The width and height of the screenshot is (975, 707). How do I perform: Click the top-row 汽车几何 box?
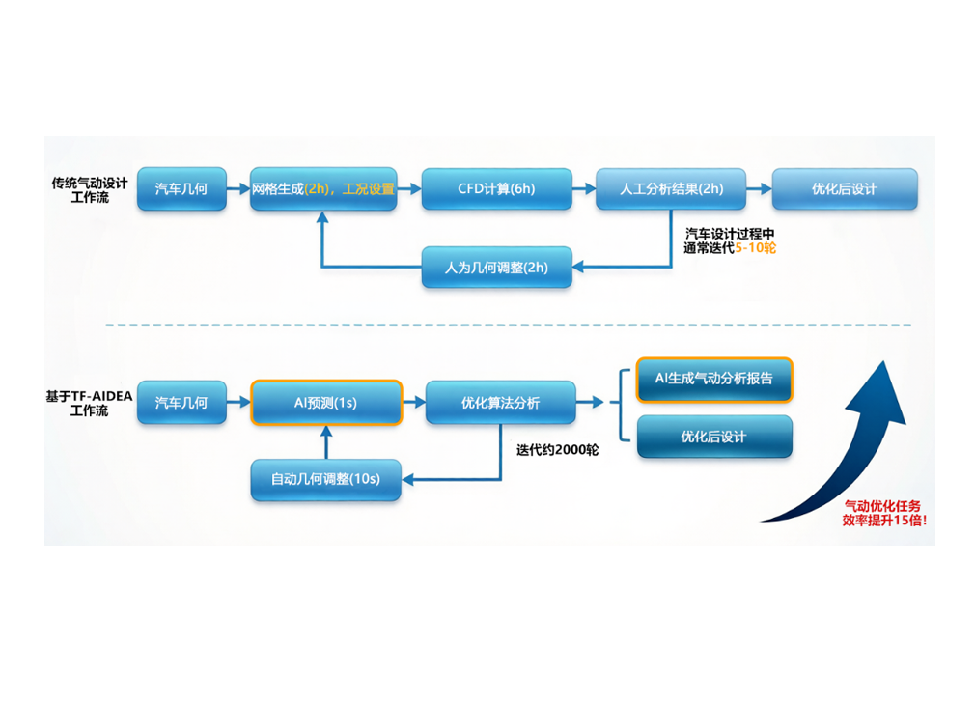coord(181,189)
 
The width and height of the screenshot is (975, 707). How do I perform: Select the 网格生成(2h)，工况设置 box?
coord(323,189)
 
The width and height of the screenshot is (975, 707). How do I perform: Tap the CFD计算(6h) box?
coord(496,189)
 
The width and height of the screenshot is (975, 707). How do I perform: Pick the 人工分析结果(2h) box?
coord(671,189)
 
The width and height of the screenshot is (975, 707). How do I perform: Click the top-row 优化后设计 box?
coord(844,189)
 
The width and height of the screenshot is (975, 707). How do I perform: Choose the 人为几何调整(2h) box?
coord(496,268)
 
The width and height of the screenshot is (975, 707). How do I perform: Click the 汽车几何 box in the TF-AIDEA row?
coord(181,402)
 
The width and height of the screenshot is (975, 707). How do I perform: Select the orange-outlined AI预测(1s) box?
coord(326,402)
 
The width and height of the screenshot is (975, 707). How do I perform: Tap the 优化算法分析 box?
coord(500,402)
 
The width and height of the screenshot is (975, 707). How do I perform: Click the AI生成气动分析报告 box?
coord(714,380)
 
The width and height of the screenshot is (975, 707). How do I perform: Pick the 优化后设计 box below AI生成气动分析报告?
coord(714,437)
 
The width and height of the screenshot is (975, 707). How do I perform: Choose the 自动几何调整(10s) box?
coord(325,479)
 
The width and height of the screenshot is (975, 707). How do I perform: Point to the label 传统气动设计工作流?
coord(89,189)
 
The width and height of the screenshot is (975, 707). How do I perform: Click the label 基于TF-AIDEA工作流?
coord(89,403)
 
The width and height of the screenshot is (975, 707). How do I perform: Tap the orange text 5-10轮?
coord(756,248)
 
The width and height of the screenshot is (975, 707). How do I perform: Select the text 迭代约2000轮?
coord(557,450)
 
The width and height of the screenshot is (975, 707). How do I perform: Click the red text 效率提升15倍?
coord(883,521)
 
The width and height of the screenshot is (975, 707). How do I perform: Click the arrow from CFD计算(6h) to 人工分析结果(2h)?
coord(583,189)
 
